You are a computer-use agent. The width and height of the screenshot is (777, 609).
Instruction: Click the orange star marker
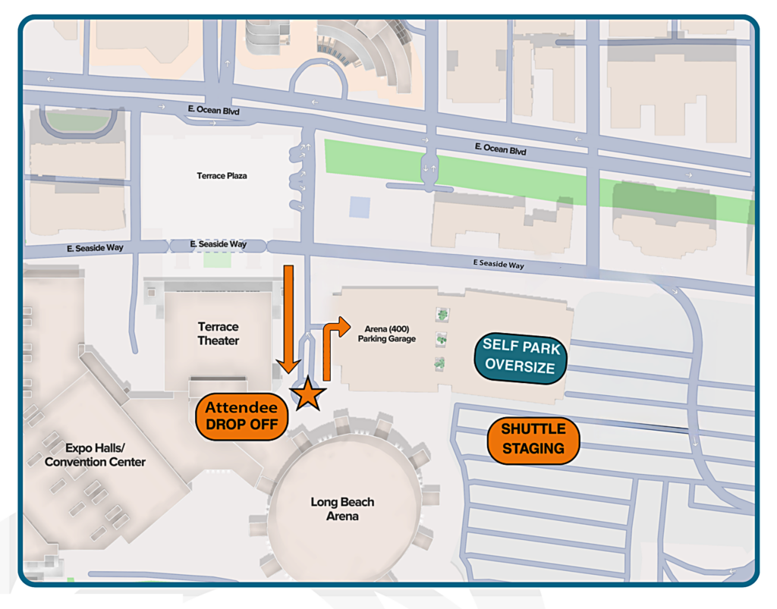tap(308, 394)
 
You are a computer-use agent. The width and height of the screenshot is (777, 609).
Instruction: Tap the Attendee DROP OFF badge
tap(242, 416)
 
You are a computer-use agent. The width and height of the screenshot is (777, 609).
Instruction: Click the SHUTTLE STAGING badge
tap(533, 439)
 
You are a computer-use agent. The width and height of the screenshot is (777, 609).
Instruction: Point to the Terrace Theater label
tap(219, 334)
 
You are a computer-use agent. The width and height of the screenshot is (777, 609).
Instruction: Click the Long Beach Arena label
tap(342, 509)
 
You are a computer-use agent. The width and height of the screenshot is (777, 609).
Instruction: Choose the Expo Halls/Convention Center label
tap(95, 455)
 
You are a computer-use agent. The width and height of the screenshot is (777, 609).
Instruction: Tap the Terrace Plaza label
tap(222, 176)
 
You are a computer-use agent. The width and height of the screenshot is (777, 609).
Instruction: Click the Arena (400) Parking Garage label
tap(387, 334)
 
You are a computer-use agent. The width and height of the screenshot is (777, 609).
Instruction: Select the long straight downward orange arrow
tap(288, 319)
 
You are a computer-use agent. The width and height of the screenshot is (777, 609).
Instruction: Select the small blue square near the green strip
tap(360, 207)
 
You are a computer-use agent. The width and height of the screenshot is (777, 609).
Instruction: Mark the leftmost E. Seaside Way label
tap(95, 248)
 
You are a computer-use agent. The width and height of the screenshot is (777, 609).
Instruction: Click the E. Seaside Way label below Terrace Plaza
tap(218, 244)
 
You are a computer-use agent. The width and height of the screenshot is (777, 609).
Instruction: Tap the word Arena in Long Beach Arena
tap(342, 516)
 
